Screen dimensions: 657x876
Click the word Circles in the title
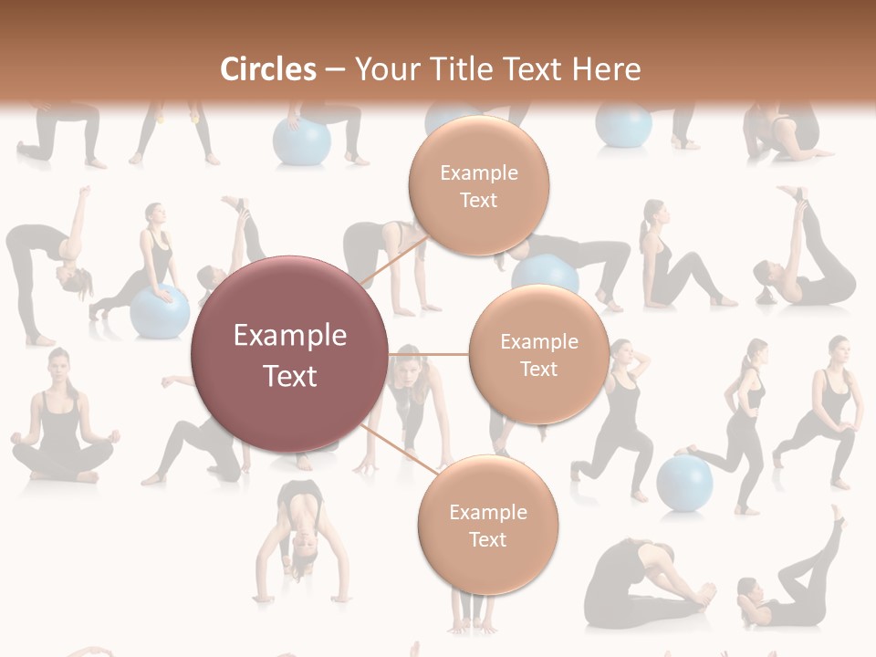click(267, 69)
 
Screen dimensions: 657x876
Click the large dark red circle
click(289, 354)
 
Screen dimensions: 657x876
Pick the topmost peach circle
click(478, 185)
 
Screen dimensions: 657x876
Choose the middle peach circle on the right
click(538, 355)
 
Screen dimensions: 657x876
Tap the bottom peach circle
click(487, 525)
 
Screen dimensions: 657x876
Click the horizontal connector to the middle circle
click(428, 354)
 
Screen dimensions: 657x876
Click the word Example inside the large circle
click(289, 336)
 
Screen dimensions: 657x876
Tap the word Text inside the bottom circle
click(487, 539)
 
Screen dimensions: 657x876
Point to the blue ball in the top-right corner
click(623, 125)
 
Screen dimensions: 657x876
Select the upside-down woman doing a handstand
click(302, 538)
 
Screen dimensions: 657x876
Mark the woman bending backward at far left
click(46, 265)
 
